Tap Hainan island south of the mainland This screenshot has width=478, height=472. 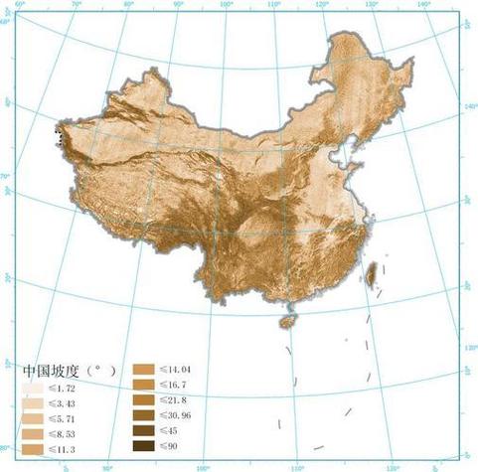click(x=287, y=322)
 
